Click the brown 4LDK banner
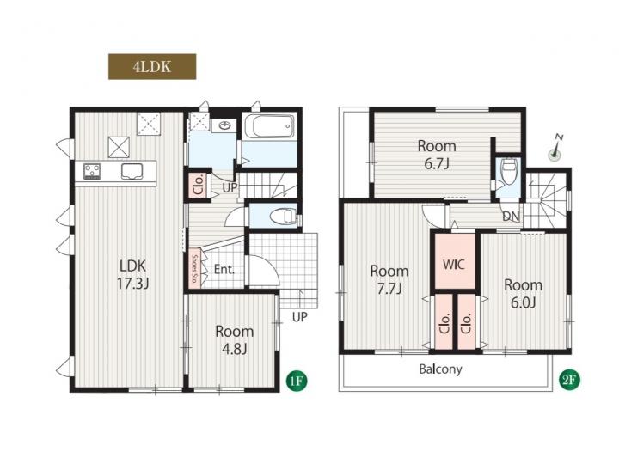point(152,67)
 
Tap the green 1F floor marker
point(297,381)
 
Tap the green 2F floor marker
point(570,381)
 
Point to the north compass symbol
point(556,149)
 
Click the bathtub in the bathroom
point(269,125)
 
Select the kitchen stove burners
point(92,172)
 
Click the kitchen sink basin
point(132,172)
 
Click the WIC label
point(454,264)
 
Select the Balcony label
point(440,369)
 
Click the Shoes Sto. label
point(194,266)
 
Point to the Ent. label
point(224,270)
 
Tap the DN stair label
point(512,216)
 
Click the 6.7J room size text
point(437,164)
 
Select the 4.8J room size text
point(234,349)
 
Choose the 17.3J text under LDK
point(132,284)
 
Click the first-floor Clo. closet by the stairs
point(199,185)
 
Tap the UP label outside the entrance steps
point(300,317)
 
